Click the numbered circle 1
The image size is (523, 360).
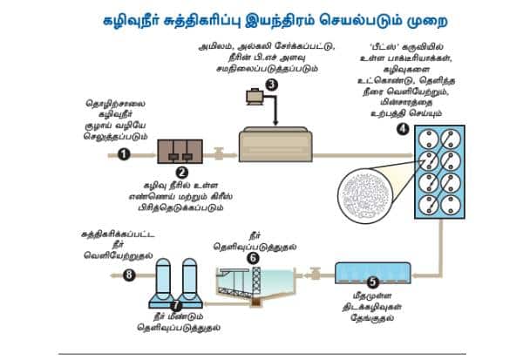123,153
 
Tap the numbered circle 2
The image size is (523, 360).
182,173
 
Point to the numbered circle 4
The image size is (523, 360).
402,128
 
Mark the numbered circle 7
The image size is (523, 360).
177,305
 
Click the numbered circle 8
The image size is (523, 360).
130,275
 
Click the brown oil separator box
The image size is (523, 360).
182,152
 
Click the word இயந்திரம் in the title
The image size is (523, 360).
304,17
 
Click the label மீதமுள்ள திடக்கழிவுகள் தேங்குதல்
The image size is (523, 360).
372,303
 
